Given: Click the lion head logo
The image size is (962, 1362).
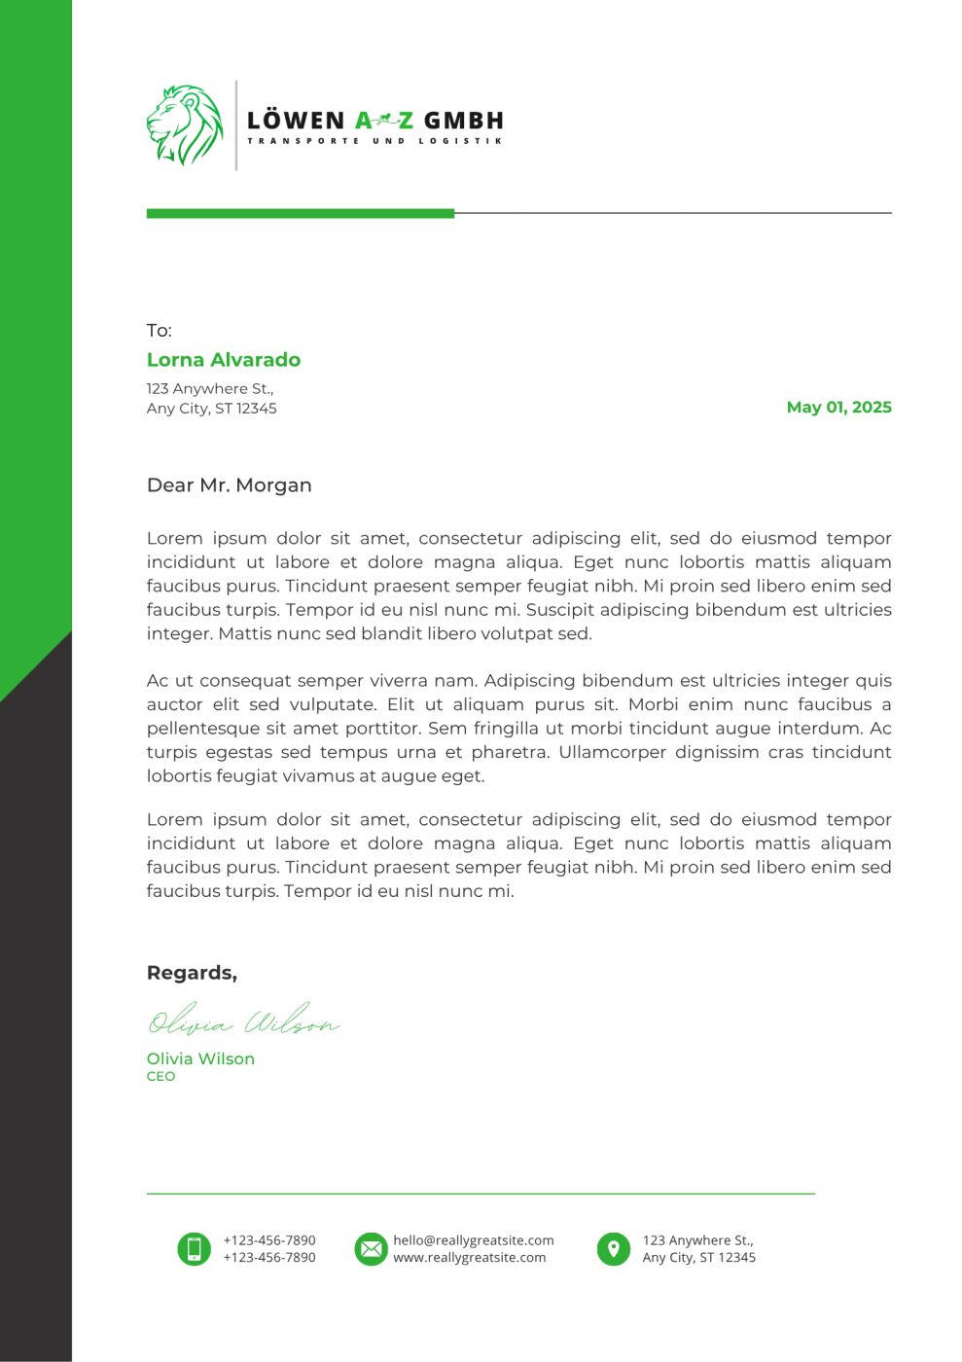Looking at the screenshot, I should coord(185,125).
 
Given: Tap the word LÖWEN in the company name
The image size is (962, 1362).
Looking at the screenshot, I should coord(296,121).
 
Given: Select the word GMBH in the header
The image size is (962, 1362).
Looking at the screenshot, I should coord(464,121).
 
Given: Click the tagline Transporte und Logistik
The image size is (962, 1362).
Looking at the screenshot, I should coord(374,141).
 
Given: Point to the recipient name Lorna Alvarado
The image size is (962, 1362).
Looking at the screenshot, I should coord(224,360).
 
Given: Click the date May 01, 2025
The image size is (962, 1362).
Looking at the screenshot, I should coord(838,408).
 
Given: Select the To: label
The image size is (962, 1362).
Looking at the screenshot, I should coord(159,331).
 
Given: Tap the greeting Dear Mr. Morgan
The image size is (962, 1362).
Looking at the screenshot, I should coord(229,485).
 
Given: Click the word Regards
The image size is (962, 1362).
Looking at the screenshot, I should coord(192,973).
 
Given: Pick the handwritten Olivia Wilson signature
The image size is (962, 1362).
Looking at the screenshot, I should coord(243,1021).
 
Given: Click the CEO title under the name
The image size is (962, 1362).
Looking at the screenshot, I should coord(160,1077).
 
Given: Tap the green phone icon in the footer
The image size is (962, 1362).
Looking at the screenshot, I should coord(194,1248).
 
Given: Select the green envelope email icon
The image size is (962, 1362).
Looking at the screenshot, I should coord(371,1248).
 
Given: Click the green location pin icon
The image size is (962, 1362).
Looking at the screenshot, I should coord(613,1248).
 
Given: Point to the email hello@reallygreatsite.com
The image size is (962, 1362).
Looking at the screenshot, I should coord(474,1240).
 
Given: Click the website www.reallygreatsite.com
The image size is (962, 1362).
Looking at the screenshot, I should coord(470,1258).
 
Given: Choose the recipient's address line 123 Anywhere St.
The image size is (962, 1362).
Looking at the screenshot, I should coord(210,389).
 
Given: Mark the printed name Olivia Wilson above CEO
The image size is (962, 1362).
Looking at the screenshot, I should coord(200,1058).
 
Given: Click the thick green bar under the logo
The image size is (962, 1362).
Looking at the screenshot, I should coord(300,213).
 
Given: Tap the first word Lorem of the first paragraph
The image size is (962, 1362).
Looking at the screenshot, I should coord(175,539).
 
